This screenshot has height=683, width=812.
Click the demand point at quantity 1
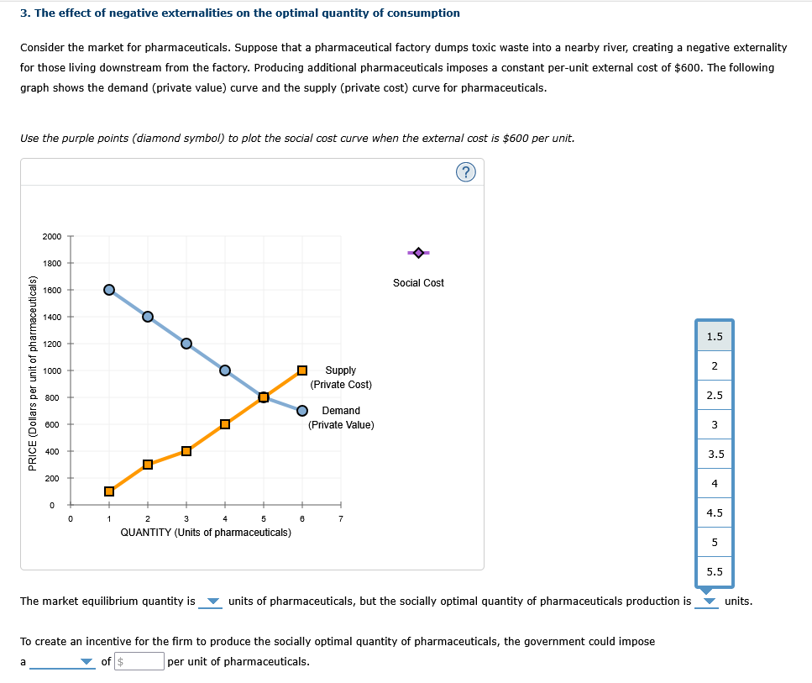click(108, 290)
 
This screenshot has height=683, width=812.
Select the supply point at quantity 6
click(302, 370)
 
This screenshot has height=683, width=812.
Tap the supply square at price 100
click(108, 491)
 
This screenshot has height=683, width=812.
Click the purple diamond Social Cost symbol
click(418, 252)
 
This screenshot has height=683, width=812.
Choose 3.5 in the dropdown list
click(715, 454)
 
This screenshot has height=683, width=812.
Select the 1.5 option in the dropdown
click(715, 336)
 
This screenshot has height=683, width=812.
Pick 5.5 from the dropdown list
click(715, 571)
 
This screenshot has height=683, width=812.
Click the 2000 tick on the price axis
click(52, 236)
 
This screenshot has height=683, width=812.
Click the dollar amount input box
click(139, 662)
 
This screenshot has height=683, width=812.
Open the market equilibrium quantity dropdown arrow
click(212, 602)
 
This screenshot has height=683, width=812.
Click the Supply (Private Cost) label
click(340, 377)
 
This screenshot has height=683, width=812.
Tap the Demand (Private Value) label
click(341, 418)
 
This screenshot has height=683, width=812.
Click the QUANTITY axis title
click(206, 533)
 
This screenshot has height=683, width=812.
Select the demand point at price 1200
click(186, 344)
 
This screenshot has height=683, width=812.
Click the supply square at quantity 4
click(225, 424)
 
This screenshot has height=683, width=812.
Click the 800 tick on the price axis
click(52, 397)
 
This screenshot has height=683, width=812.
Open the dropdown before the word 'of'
click(86, 662)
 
